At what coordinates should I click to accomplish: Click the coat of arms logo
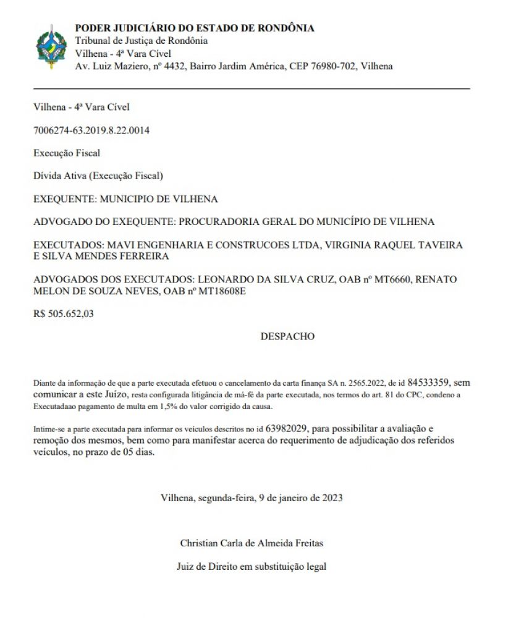[x=51, y=47]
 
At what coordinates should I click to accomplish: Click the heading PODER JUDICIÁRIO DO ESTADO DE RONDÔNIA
[x=194, y=28]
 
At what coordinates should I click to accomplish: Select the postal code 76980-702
[x=332, y=66]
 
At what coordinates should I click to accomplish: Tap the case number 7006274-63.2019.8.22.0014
[x=91, y=130]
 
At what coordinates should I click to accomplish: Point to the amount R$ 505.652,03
[x=64, y=313]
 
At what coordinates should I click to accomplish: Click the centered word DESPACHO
[x=287, y=336]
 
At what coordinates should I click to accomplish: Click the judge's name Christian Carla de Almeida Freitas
[x=251, y=543]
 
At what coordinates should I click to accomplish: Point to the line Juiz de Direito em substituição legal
[x=251, y=565]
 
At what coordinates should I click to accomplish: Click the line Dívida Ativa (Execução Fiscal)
[x=98, y=176]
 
